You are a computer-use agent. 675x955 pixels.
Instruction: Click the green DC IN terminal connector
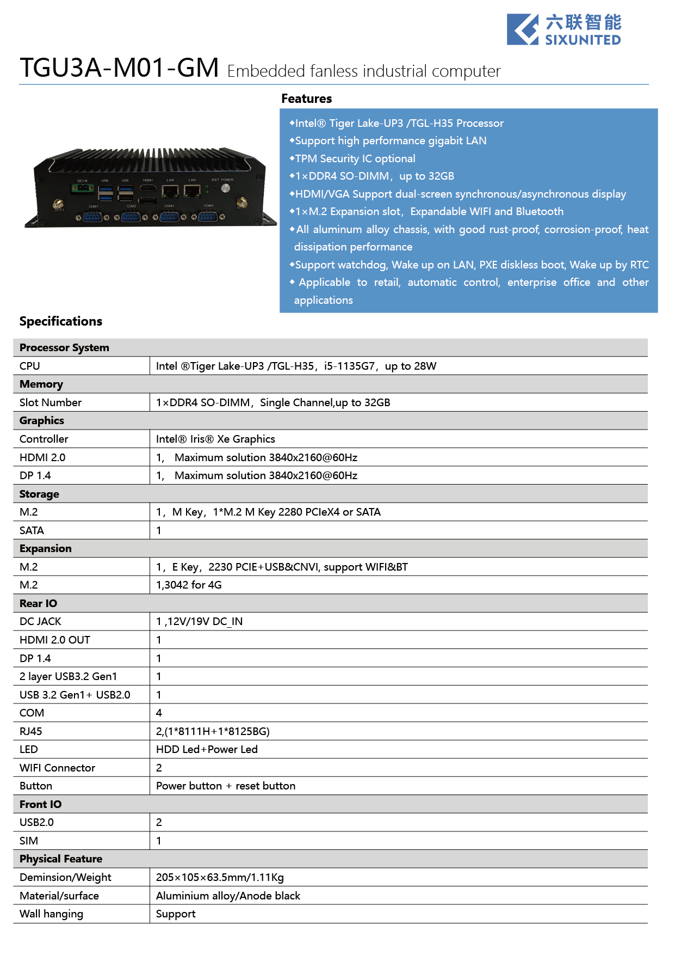click(x=82, y=188)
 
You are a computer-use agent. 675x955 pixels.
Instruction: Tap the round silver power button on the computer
click(x=225, y=188)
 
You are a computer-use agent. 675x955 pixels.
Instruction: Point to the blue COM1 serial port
click(x=93, y=217)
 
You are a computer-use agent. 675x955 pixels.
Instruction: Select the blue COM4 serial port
click(x=208, y=217)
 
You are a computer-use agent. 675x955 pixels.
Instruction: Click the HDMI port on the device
click(x=147, y=188)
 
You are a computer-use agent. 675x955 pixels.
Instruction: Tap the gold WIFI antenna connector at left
click(x=58, y=205)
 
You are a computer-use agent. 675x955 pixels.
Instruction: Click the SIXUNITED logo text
click(x=583, y=40)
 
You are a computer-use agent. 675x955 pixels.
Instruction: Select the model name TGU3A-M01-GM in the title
click(x=119, y=69)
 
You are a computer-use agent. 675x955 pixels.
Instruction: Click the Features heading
click(x=306, y=99)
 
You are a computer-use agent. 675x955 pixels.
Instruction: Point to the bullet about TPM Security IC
click(x=355, y=158)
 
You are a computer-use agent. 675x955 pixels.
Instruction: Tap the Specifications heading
click(x=60, y=321)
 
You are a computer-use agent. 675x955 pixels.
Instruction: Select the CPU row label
click(x=30, y=366)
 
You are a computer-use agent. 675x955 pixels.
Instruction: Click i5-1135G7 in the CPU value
click(x=349, y=366)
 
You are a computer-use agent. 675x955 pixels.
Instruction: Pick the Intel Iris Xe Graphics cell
click(x=215, y=439)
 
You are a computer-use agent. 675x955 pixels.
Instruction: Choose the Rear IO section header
click(x=38, y=603)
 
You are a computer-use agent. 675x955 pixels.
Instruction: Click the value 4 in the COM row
click(x=159, y=713)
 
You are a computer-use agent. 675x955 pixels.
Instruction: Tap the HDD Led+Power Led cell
click(x=207, y=749)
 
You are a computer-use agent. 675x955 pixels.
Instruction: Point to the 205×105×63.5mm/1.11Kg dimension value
click(x=220, y=877)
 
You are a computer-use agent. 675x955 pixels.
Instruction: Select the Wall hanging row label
click(x=52, y=914)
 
